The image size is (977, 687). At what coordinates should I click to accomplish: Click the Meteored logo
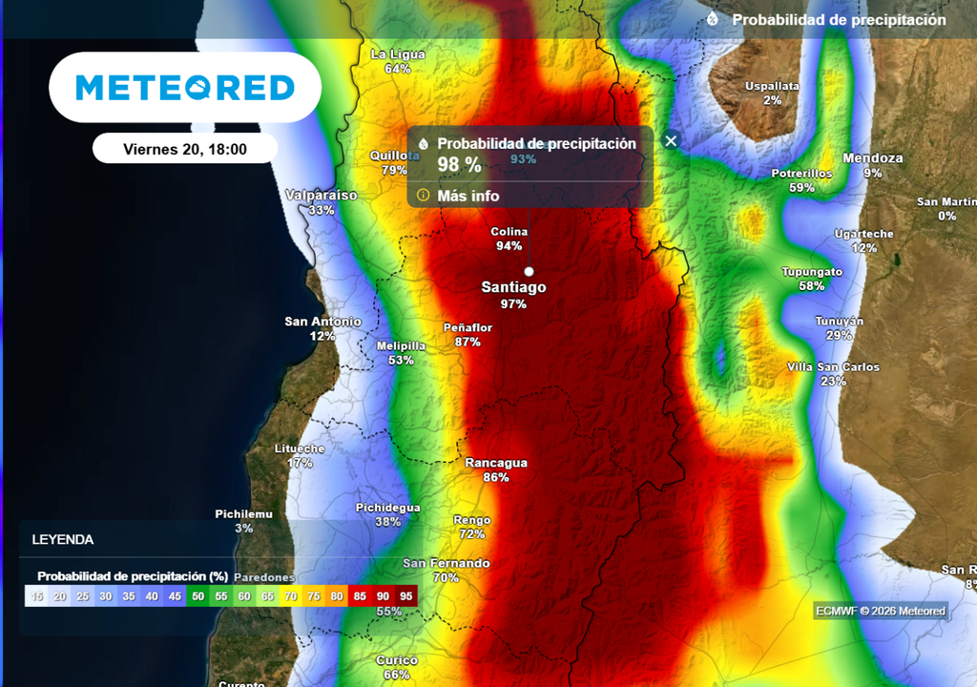click(x=185, y=88)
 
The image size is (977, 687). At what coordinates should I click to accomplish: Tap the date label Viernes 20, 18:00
click(x=185, y=149)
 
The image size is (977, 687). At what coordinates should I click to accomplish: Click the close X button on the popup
click(x=671, y=140)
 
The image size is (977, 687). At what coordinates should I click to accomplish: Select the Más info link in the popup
click(x=468, y=196)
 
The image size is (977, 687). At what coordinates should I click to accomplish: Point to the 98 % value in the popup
click(x=459, y=164)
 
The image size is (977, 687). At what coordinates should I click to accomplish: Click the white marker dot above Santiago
click(x=529, y=271)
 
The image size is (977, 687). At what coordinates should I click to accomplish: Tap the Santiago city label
click(x=513, y=286)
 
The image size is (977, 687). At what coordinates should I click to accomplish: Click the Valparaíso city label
click(x=322, y=195)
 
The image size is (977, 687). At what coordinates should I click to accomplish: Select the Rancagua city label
click(x=495, y=463)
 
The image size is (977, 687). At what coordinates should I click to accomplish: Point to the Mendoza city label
click(x=872, y=158)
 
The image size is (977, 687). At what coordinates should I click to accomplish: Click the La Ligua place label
click(x=398, y=54)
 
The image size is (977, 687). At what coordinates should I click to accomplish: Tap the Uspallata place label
click(x=772, y=86)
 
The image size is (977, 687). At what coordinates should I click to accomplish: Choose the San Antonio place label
click(x=322, y=322)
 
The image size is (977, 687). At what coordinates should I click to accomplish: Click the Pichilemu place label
click(x=243, y=513)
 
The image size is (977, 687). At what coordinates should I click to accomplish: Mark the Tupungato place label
click(x=812, y=272)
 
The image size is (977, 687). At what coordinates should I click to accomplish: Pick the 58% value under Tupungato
click(x=811, y=286)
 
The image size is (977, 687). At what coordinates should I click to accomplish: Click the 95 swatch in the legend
click(x=405, y=596)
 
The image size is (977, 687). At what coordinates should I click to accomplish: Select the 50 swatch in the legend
click(x=197, y=596)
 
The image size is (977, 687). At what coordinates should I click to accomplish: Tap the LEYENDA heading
click(x=63, y=539)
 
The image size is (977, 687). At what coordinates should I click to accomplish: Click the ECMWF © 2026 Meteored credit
click(x=881, y=611)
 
